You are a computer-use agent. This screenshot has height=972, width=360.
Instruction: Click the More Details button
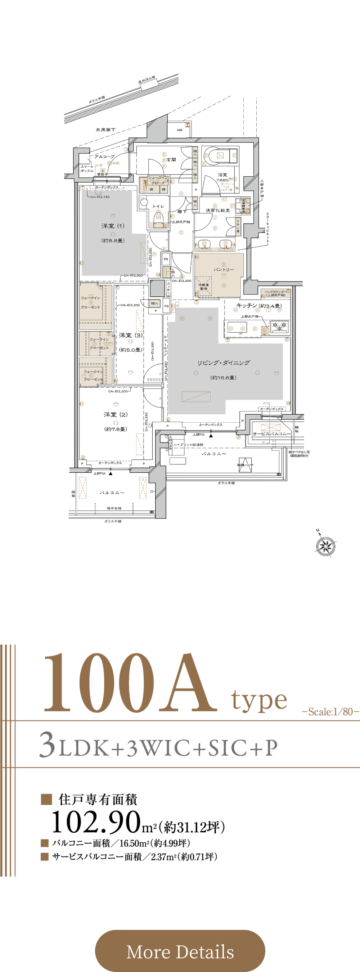180,951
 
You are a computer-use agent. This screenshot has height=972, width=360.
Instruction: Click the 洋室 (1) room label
112,226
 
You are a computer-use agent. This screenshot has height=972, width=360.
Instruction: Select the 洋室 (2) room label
116,414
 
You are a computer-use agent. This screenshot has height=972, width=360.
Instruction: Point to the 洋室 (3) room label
131,335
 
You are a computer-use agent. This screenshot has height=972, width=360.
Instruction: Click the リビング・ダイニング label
224,363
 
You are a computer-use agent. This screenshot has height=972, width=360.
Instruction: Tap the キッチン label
247,305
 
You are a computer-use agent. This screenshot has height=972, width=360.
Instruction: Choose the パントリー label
224,270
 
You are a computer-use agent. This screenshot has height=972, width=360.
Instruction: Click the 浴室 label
222,175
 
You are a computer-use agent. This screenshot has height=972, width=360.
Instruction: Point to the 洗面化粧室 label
217,210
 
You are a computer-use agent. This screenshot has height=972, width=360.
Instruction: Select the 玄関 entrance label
171,159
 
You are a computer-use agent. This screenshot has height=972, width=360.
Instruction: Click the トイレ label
158,206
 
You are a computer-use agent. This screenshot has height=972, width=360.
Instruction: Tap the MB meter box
180,130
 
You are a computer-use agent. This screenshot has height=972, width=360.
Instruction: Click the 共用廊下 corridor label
105,130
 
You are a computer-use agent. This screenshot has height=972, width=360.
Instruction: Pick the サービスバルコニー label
272,434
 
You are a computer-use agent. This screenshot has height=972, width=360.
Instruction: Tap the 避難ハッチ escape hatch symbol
245,464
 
